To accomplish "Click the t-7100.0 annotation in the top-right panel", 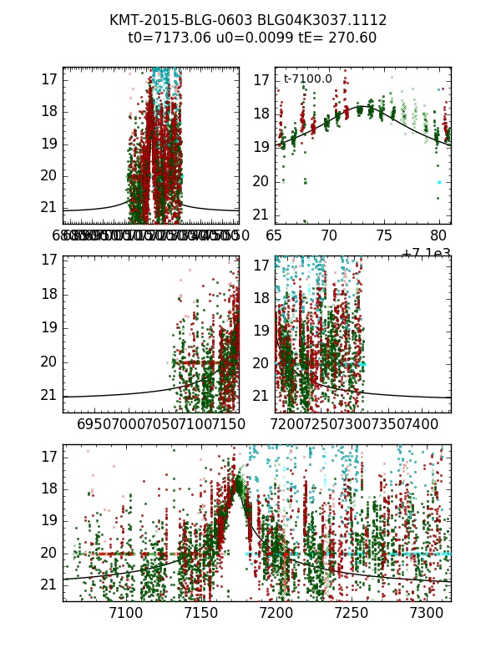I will pyautogui.click(x=307, y=79).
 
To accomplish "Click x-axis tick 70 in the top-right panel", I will pyautogui.click(x=329, y=236).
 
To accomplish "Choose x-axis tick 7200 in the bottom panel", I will pyautogui.click(x=276, y=614).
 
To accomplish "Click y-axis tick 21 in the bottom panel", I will pyautogui.click(x=48, y=584).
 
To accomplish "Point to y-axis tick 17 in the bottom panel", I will pyautogui.click(x=48, y=457).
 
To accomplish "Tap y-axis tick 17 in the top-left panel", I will pyautogui.click(x=48, y=79).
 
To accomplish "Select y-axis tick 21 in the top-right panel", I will pyautogui.click(x=261, y=215).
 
